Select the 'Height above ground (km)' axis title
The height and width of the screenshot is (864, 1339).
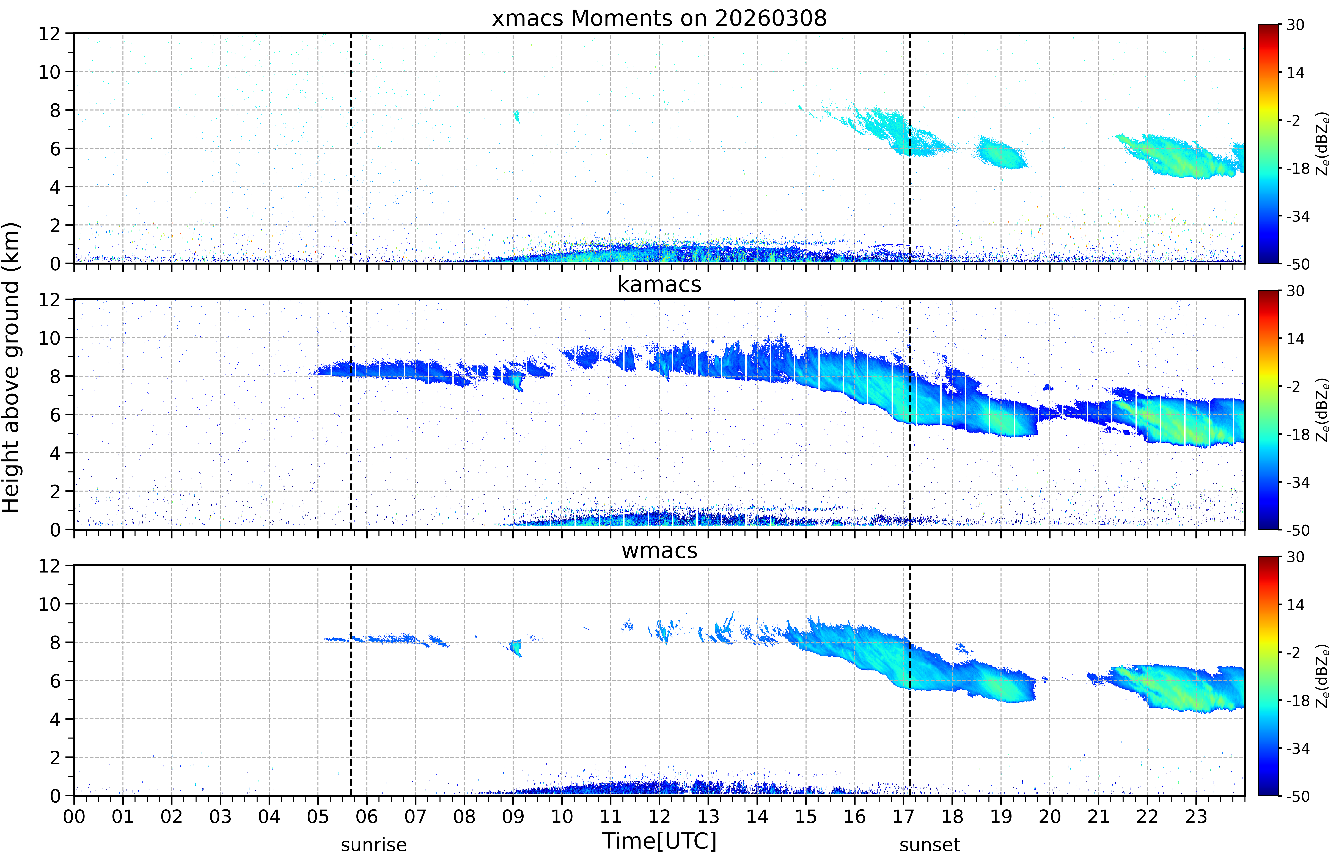tap(11, 367)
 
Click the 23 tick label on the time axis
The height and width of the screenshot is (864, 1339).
tap(1196, 816)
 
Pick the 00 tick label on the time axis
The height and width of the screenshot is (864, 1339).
tap(74, 816)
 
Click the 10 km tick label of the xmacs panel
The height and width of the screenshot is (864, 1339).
tap(49, 72)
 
